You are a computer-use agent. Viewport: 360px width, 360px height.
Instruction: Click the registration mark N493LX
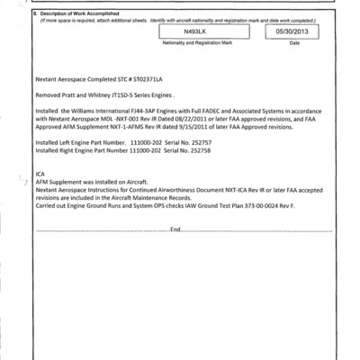tap(193, 31)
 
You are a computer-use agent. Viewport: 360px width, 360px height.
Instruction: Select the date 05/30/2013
tap(294, 31)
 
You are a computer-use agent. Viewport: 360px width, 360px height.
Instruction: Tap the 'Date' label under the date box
tap(294, 42)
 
